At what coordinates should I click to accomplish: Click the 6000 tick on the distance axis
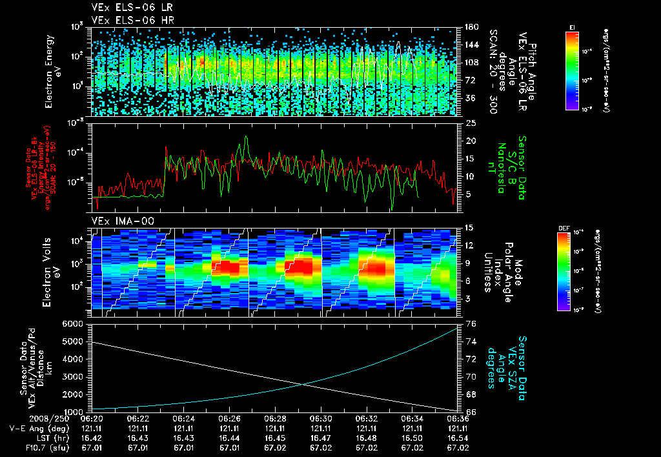pos(75,323)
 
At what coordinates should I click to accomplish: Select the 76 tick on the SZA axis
pos(470,323)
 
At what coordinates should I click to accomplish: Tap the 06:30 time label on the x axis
pos(321,418)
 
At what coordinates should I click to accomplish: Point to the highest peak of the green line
pos(246,137)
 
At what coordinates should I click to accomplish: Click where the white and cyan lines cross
pos(305,385)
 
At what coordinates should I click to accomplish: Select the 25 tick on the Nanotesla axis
pos(471,123)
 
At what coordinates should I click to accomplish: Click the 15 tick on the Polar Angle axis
pos(470,227)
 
